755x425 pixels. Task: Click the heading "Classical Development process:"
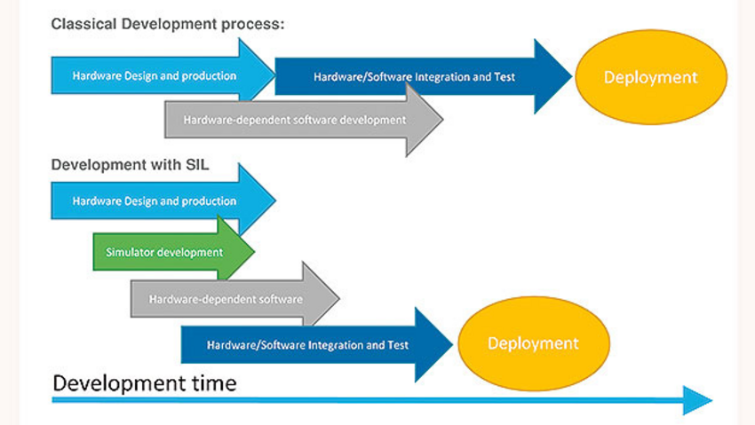click(x=168, y=24)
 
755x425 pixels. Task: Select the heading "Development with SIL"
click(x=130, y=165)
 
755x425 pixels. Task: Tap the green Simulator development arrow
click(x=173, y=251)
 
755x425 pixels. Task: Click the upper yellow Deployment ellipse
click(x=651, y=77)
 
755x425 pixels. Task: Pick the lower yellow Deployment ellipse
click(x=534, y=343)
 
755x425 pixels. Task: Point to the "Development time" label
click(x=145, y=383)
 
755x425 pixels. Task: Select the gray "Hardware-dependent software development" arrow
click(x=304, y=120)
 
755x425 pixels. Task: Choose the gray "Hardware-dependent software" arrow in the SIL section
click(x=235, y=298)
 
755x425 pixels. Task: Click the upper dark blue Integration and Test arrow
click(x=424, y=76)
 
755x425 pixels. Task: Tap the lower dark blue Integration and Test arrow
click(x=317, y=345)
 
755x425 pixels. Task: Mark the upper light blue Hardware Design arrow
click(x=163, y=75)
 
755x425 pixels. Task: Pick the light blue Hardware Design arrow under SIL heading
click(x=163, y=201)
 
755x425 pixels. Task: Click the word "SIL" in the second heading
click(x=197, y=165)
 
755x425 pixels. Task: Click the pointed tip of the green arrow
click(x=254, y=251)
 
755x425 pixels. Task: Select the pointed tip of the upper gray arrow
click(x=443, y=120)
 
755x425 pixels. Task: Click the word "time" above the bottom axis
click(x=214, y=383)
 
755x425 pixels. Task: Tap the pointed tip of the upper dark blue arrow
click(x=572, y=76)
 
